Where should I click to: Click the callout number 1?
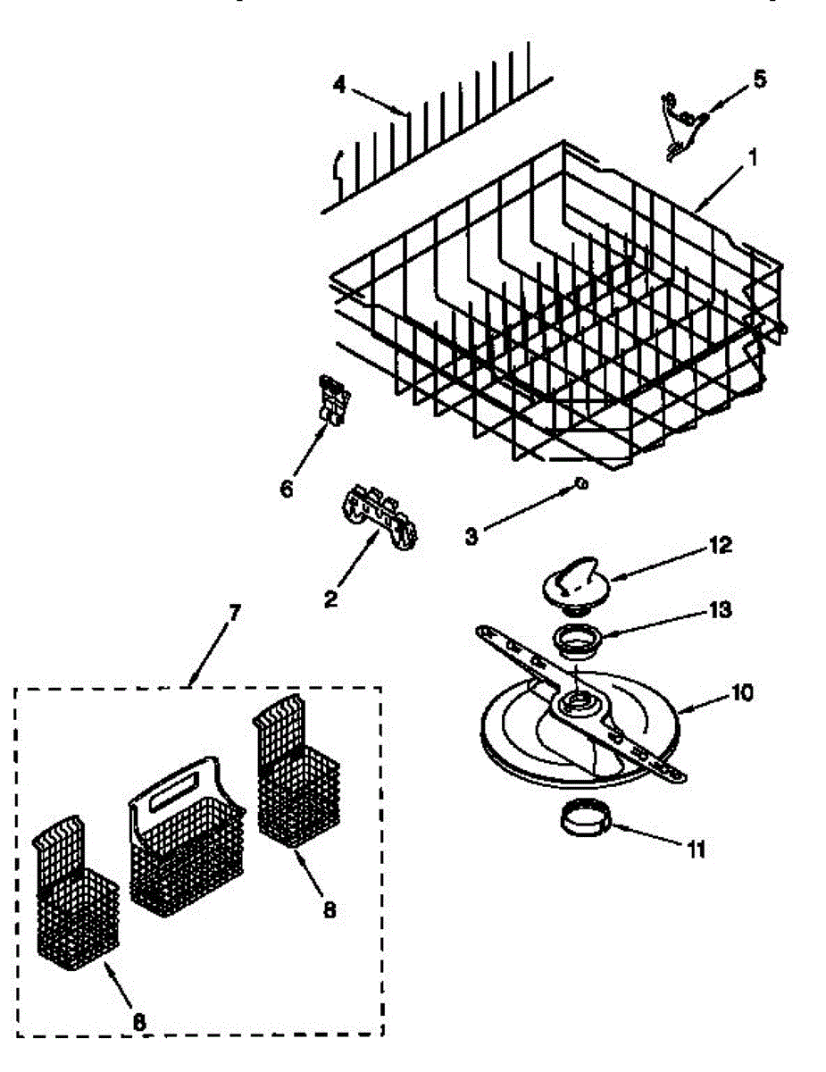coord(752,160)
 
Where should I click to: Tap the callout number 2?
coord(330,599)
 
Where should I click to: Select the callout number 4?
coord(338,85)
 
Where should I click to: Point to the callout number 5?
coord(758,80)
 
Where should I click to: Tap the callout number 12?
coord(720,544)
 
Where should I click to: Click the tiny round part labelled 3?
coord(580,483)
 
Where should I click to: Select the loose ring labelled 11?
coord(583,817)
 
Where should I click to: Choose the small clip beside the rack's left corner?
coord(331,398)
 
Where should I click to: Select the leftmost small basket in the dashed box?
coord(78,902)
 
